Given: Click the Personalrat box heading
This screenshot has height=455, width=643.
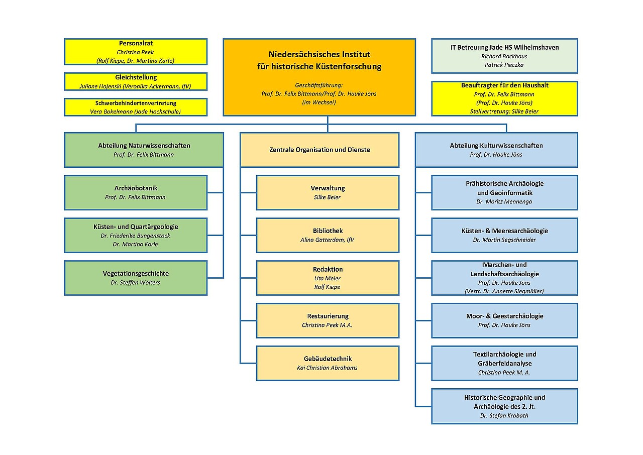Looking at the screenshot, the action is coord(136,43).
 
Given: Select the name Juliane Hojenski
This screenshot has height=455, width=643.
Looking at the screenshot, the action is coord(100,86).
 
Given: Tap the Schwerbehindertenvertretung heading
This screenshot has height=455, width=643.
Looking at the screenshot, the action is coord(136,103).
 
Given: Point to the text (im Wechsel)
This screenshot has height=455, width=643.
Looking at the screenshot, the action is coord(319,102).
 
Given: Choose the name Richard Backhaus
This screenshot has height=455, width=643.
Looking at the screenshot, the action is coord(504,56).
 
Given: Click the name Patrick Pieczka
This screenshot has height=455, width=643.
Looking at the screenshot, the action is coord(504,65).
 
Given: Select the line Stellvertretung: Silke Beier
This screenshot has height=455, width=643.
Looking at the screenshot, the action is coord(504,111).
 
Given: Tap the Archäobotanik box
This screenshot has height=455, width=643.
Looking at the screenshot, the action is coord(136,192).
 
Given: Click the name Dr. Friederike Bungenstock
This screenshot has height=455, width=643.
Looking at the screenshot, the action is coord(135,236).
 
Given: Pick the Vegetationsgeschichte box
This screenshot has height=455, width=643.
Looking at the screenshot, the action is coord(136,278).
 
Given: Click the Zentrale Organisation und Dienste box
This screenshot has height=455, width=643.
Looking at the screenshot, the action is coord(319,150).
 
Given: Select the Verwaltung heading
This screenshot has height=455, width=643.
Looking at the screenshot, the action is coord(328,188).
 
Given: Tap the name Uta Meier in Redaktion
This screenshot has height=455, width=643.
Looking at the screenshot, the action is coord(327,278).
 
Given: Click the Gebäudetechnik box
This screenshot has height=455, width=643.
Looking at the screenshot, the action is coord(328,363).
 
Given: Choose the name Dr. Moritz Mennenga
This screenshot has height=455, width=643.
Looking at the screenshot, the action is coord(504,202).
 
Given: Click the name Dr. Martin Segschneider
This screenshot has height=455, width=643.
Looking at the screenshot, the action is coord(504,240).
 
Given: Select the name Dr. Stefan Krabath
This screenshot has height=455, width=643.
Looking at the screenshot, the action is coord(504,416).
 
